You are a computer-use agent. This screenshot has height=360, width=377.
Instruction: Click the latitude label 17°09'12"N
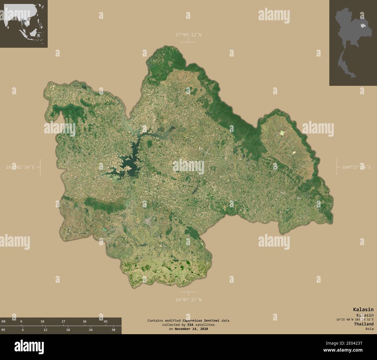click(x=188, y=35)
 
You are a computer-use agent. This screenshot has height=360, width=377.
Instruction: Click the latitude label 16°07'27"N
click(x=188, y=300)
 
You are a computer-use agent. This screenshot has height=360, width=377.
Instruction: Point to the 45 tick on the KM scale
click(x=106, y=321)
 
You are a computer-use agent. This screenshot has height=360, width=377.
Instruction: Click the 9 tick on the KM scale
click(x=21, y=321)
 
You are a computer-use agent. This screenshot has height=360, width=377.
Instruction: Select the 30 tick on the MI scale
click(x=113, y=330)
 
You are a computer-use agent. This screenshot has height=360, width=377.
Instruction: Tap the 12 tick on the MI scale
click(x=45, y=330)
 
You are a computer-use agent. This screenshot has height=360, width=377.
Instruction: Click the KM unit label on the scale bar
click(x=3, y=321)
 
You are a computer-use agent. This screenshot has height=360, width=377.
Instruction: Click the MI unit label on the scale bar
click(x=3, y=330)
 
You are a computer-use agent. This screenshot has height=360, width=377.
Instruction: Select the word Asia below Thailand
click(x=369, y=329)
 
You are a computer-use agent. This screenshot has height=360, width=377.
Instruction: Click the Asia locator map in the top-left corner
click(x=24, y=24)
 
